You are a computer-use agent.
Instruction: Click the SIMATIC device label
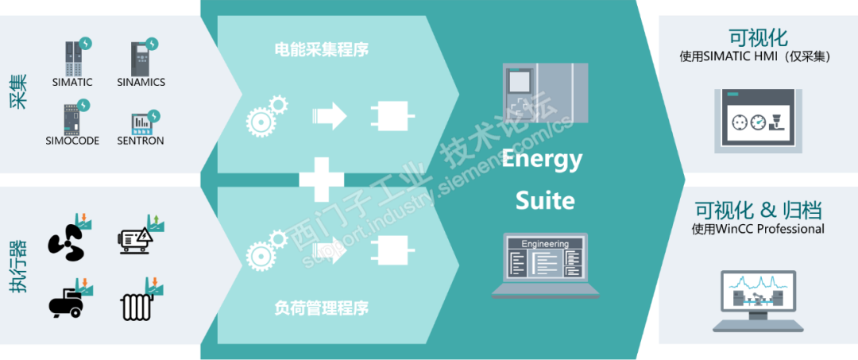pos(72,82)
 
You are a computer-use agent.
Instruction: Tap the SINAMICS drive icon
pos(141,57)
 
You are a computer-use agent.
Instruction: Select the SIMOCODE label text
pos(72,141)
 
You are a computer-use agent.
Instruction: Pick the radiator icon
pos(137,306)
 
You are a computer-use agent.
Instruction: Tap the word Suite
pos(545,199)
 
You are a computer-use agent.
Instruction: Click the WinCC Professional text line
pos(758,229)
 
